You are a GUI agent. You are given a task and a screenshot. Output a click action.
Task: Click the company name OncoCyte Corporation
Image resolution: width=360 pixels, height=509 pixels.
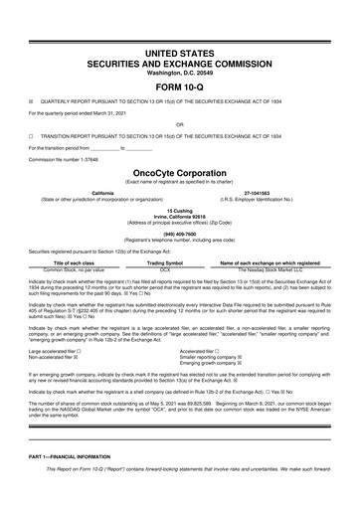[179, 170]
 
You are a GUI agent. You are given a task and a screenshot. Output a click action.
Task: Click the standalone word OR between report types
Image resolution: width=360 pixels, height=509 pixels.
[179, 123]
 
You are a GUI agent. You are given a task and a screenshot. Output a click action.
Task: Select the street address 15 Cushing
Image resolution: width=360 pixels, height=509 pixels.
[179, 211]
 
